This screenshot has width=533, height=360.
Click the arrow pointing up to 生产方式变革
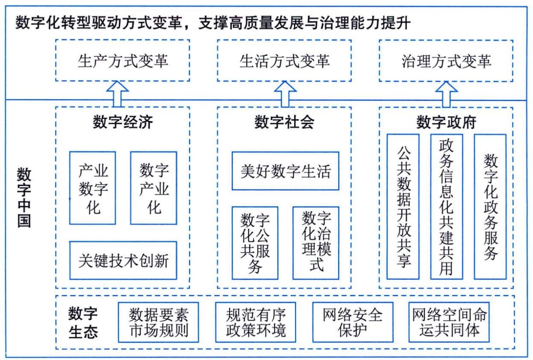point(117,94)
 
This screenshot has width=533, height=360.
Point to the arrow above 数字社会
point(285,94)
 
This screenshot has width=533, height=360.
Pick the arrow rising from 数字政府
point(447,94)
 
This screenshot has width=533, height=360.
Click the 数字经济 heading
point(123,122)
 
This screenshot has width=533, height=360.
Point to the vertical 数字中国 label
point(24,197)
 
